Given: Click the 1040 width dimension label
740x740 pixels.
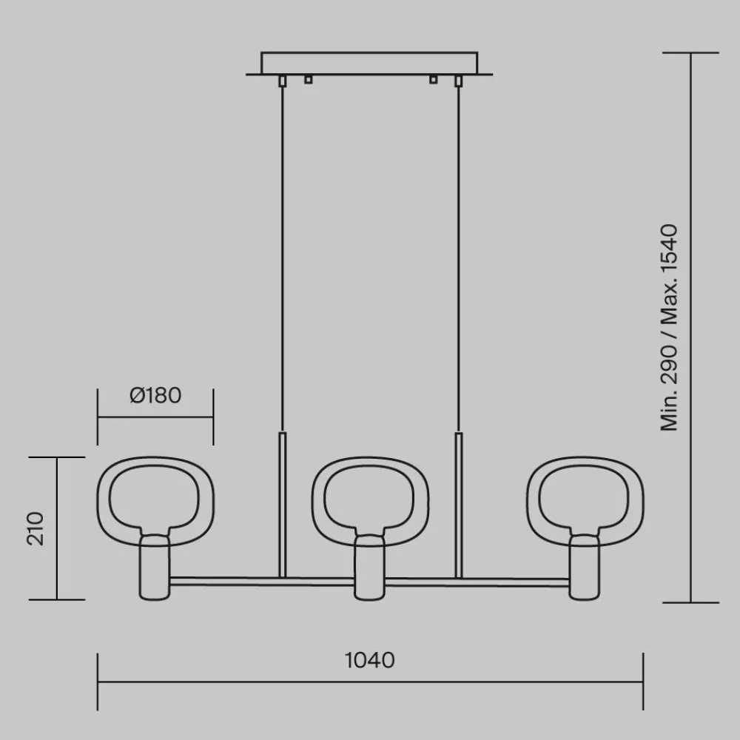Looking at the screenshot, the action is pos(369,660).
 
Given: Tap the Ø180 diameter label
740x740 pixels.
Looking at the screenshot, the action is pos(155,395).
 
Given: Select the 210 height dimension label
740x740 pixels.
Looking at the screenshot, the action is pos(36,528).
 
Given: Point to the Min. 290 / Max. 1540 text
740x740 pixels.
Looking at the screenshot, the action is pos(669,328).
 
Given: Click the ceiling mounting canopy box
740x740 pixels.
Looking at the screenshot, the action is pos(369,63).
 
